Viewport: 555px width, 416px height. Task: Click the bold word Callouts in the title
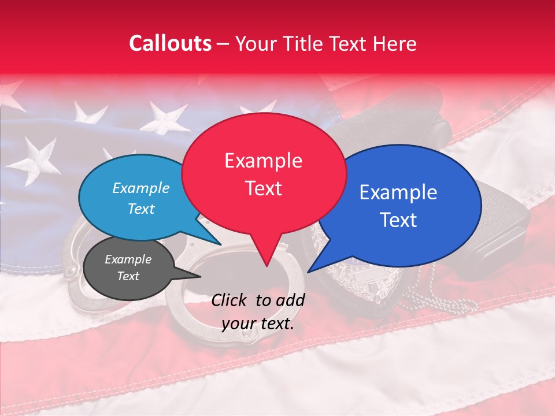click(170, 43)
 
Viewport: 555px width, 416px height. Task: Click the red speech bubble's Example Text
click(264, 174)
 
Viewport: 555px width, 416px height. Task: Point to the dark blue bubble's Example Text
click(398, 206)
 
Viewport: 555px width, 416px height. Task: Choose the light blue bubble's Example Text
click(141, 198)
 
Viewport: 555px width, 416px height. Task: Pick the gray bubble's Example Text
click(128, 268)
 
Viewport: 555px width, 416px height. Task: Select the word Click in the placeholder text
click(231, 300)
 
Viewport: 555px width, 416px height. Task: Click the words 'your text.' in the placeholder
click(258, 324)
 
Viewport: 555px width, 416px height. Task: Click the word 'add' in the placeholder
click(291, 300)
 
